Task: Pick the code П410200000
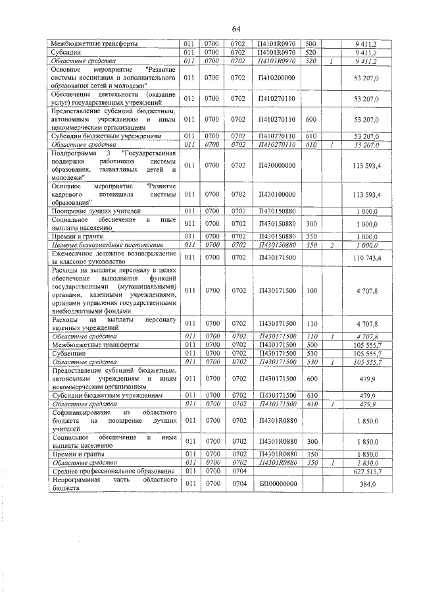tap(277, 77)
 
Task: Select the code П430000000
tap(277, 165)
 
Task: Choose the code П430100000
tap(277, 194)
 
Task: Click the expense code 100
tap(311, 290)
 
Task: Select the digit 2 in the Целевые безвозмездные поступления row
tap(333, 245)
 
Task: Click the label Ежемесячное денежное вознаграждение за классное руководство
tap(114, 257)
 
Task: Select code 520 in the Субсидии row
tap(311, 51)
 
